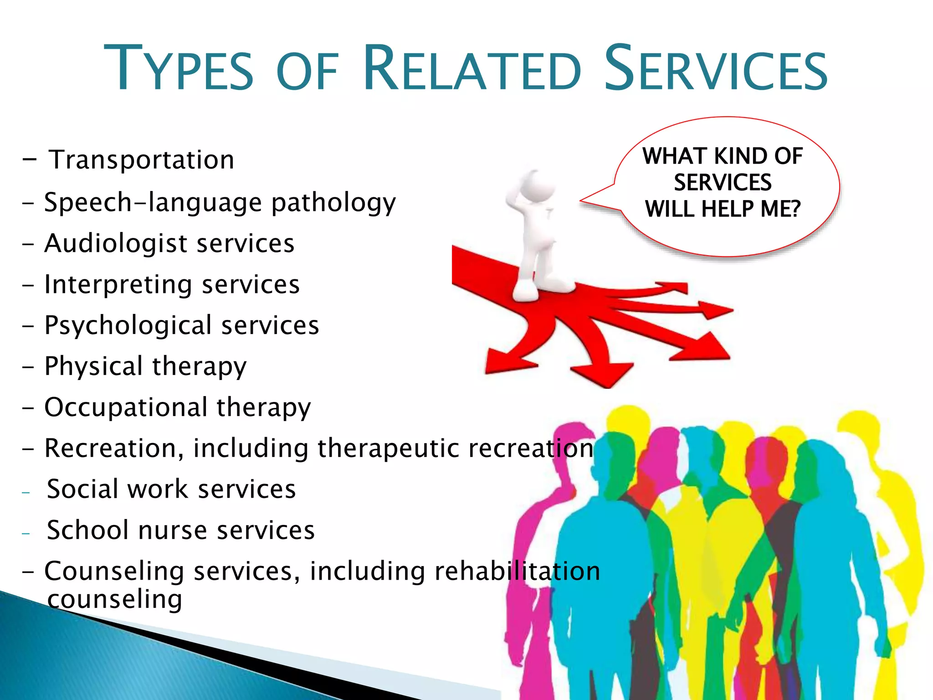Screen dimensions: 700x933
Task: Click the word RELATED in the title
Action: (x=472, y=68)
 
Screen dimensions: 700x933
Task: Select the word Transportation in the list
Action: (x=142, y=160)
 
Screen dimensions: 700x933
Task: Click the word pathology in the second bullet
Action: (x=333, y=203)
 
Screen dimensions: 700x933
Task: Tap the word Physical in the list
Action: (x=93, y=366)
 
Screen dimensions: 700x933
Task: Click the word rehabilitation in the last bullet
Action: (x=517, y=571)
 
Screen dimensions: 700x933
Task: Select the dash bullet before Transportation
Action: (x=29, y=160)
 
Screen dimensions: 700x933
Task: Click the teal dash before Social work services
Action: (x=26, y=492)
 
